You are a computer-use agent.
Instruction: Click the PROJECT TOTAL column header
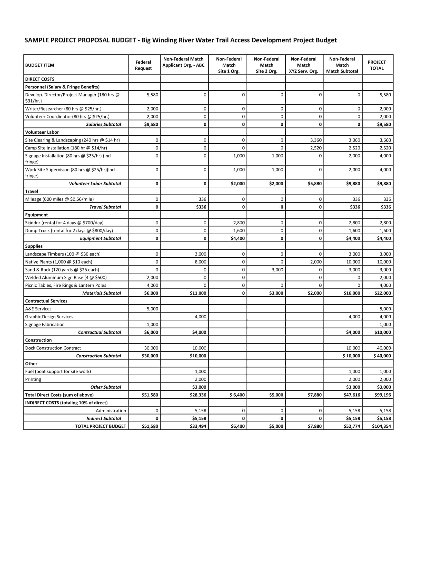tap(376, 65)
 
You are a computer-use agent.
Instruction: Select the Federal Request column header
tap(143, 65)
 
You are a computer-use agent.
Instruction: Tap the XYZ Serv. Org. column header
tap(303, 65)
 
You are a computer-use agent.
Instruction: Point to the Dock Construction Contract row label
tap(53, 348)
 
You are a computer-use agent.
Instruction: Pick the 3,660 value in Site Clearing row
tap(385, 140)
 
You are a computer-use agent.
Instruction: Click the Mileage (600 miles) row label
tap(60, 199)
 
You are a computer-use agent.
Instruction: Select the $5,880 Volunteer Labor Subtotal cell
tap(315, 183)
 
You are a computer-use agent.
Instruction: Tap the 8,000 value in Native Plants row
tap(201, 261)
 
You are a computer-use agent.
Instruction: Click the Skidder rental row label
tap(64, 223)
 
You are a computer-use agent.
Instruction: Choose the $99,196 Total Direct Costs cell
tap(383, 395)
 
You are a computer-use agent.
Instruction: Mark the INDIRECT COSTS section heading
tap(66, 402)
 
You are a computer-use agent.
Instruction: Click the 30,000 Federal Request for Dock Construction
tap(151, 348)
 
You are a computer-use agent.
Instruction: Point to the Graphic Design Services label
tap(49, 317)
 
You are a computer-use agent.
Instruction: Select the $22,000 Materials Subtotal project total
tap(383, 293)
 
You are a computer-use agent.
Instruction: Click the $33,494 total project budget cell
tap(198, 426)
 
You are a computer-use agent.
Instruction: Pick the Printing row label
tap(33, 379)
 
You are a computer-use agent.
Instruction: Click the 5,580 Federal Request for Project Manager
tap(152, 95)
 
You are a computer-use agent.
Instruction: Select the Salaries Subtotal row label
tap(103, 124)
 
